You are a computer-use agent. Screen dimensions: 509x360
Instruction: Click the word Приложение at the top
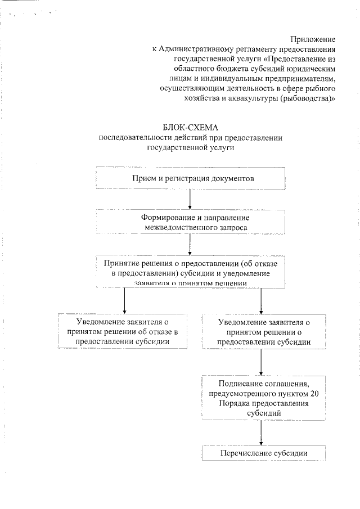tap(313, 39)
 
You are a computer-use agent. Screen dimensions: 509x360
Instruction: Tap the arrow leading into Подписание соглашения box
tap(261, 363)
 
